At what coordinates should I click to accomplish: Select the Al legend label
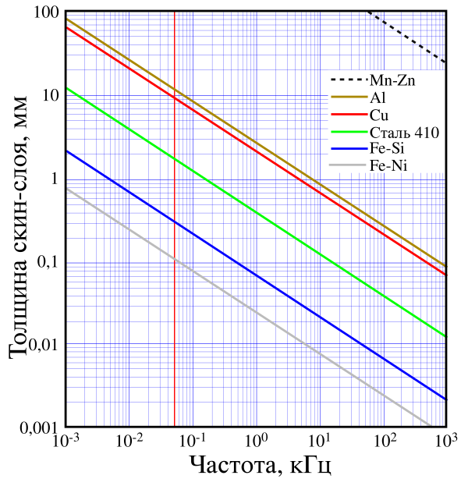pos(378,98)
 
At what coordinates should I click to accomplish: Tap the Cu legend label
pos(379,115)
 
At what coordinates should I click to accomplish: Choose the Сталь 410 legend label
pos(405,132)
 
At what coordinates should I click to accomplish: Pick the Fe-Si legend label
pos(387,148)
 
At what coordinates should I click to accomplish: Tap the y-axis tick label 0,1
pos(46,262)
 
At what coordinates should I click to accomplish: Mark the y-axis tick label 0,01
pos(41,345)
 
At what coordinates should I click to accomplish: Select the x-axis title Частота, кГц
pos(261,466)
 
